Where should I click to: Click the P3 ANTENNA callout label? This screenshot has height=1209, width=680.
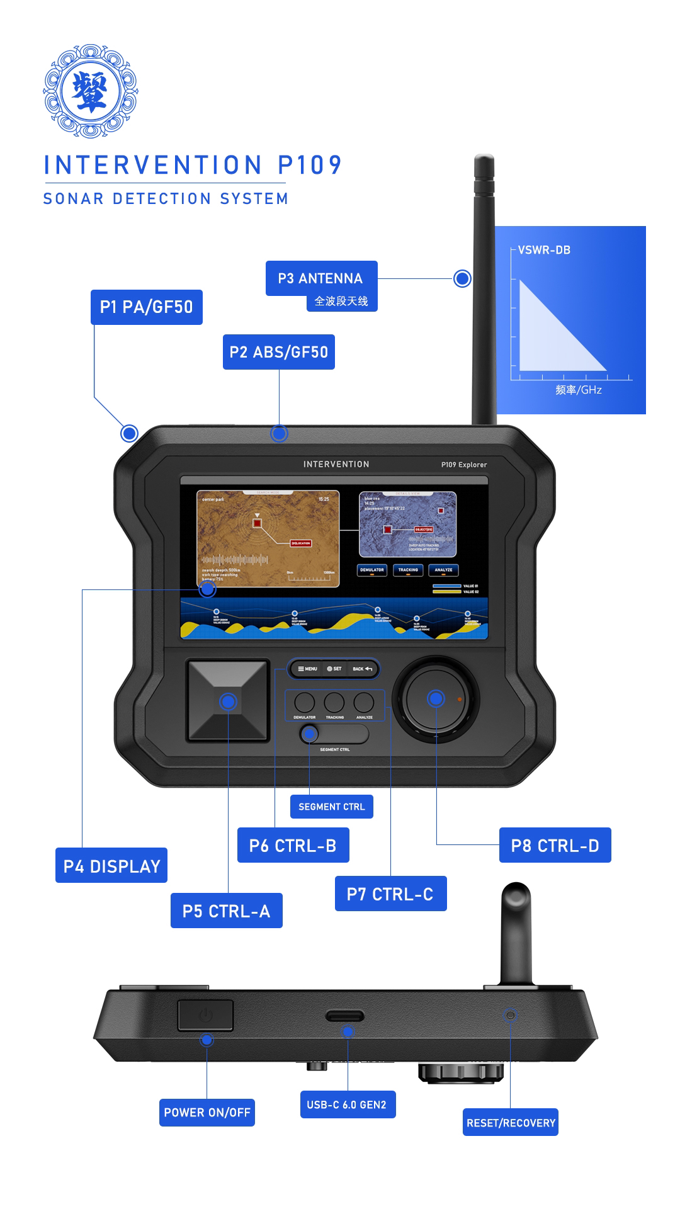[x=321, y=278]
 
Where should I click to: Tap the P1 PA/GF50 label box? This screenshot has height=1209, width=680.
[x=146, y=307]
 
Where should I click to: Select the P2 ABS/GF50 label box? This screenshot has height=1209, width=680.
[x=278, y=352]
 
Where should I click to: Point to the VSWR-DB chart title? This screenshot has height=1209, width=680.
[x=544, y=250]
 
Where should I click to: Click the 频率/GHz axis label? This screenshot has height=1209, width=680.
[x=578, y=390]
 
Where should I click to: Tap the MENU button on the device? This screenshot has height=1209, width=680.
[x=307, y=669]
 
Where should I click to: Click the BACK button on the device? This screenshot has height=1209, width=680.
[x=363, y=669]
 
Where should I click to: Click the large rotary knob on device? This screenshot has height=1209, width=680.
[x=436, y=699]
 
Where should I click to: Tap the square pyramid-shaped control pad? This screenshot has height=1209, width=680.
[x=228, y=701]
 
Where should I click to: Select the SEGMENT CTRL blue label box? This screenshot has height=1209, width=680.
[x=331, y=807]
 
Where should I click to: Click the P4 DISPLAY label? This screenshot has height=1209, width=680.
[x=111, y=866]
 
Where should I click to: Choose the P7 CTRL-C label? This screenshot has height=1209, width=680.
[x=390, y=894]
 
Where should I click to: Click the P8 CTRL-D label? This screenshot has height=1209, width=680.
[x=555, y=846]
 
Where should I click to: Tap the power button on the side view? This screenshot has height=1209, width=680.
[x=205, y=1015]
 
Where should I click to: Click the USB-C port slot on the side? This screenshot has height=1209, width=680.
[x=344, y=1016]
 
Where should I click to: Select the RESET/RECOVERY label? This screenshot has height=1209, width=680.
[x=511, y=1123]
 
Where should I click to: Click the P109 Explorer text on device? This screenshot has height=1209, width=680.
[x=464, y=465]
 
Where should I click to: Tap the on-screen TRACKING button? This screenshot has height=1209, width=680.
[x=408, y=570]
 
